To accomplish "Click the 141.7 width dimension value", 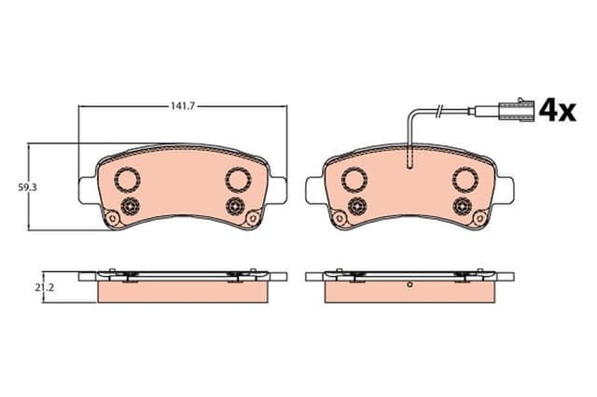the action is tap(182, 106).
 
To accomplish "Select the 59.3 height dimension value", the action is tap(28, 187).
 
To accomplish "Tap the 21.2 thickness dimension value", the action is tap(45, 288).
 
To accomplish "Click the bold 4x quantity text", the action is tap(558, 110).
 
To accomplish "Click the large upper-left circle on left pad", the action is tap(128, 180).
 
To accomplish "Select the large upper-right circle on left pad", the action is tap(239, 180).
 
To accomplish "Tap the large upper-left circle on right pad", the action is tap(354, 180).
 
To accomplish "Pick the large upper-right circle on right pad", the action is tap(465, 180).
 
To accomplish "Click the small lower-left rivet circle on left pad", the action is tap(130, 207).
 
